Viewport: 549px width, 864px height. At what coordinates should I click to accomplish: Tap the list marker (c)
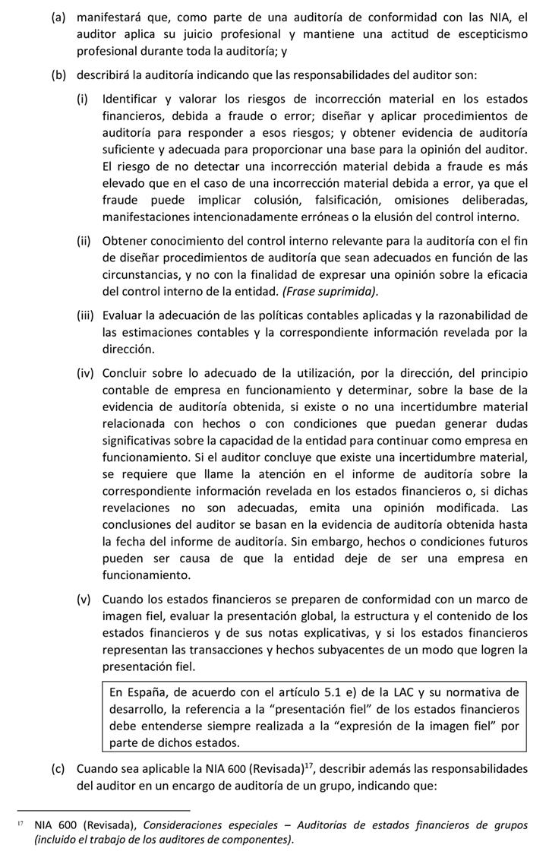(x=58, y=768)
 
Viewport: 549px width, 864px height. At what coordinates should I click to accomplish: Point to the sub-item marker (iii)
(x=85, y=315)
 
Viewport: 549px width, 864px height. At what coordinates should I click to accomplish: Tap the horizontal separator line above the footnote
(x=103, y=811)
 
